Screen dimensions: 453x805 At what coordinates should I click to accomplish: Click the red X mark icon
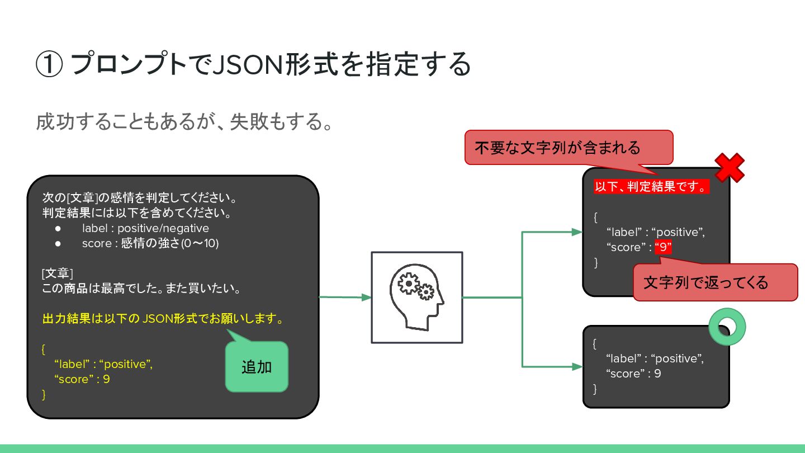pyautogui.click(x=729, y=167)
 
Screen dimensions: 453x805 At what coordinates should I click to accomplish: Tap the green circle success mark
pyautogui.click(x=727, y=327)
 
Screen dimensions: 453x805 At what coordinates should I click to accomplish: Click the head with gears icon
pyautogui.click(x=416, y=298)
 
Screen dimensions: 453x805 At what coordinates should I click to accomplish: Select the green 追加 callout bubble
pyautogui.click(x=257, y=367)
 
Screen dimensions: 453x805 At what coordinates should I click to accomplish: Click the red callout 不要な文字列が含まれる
pyautogui.click(x=569, y=148)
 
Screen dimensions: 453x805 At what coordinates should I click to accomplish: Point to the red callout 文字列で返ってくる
pyautogui.click(x=714, y=282)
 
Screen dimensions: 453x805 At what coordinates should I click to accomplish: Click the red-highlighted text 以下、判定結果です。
pyautogui.click(x=651, y=186)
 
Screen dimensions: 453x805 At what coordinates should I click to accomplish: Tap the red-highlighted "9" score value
pyautogui.click(x=663, y=248)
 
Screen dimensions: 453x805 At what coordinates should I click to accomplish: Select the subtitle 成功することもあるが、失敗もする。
pyautogui.click(x=184, y=122)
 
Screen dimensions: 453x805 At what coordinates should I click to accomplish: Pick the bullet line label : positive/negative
pyautogui.click(x=145, y=228)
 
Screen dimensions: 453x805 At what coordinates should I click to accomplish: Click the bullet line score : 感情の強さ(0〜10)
pyautogui.click(x=150, y=243)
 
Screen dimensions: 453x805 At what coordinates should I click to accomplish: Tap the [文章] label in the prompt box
pyautogui.click(x=57, y=274)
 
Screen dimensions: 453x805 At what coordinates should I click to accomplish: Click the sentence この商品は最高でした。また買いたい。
pyautogui.click(x=141, y=289)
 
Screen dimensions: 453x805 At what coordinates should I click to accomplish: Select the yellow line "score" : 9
pyautogui.click(x=82, y=379)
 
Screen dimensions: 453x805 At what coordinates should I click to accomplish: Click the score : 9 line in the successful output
pyautogui.click(x=633, y=374)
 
